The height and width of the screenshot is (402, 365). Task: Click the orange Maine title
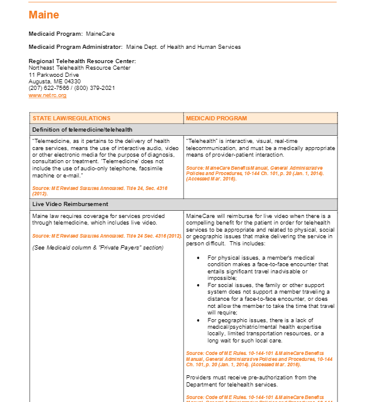tap(44, 15)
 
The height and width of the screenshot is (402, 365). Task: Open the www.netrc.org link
tap(47, 95)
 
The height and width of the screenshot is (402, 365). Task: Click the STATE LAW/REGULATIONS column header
tap(72, 118)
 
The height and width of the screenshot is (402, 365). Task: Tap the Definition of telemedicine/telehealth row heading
tap(82, 129)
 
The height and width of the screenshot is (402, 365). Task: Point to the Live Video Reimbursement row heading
tap(70, 204)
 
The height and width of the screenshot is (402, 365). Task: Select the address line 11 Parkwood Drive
tap(54, 74)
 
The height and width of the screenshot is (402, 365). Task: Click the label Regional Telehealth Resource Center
tap(82, 61)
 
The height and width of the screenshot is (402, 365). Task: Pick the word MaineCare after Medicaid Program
tap(99, 33)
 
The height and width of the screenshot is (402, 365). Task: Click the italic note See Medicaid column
tap(97, 248)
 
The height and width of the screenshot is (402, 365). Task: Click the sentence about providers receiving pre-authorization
tap(250, 381)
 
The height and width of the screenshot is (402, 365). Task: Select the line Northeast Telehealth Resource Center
tap(79, 68)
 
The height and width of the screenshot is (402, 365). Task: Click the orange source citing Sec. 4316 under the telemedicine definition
tap(99, 191)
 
